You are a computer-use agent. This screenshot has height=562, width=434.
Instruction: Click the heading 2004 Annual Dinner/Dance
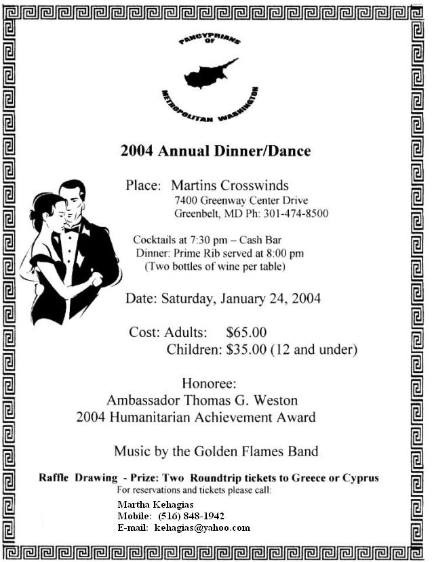point(216,150)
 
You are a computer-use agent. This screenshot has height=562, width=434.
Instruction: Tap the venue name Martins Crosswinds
point(230,185)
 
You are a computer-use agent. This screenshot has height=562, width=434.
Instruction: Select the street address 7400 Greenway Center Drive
point(241,200)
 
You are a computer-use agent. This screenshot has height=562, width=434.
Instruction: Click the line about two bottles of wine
point(215,266)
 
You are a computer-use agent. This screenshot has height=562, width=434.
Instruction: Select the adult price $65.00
point(246,332)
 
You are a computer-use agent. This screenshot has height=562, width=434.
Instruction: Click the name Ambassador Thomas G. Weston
point(202,400)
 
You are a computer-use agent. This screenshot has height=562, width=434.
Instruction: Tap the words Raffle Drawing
point(69,477)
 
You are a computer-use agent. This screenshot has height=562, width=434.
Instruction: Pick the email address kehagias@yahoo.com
point(202,527)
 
